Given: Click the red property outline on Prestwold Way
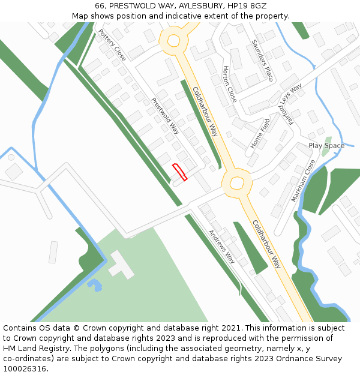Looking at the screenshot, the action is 180,172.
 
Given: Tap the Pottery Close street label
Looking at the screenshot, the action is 113,45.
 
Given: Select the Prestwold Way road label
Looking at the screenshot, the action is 166,116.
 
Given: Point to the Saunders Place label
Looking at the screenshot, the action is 262,60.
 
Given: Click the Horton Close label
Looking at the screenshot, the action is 230,83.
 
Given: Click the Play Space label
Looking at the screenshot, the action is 326,146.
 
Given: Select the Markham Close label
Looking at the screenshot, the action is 304,181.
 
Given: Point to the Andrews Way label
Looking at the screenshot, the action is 221,246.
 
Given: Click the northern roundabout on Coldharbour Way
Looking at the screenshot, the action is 174,41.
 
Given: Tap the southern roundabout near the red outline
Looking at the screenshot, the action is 236,182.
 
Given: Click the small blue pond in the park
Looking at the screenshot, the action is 95,284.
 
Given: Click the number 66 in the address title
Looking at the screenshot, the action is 100,6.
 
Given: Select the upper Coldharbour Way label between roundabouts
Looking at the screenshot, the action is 205,112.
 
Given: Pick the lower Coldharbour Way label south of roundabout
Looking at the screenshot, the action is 266,244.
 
